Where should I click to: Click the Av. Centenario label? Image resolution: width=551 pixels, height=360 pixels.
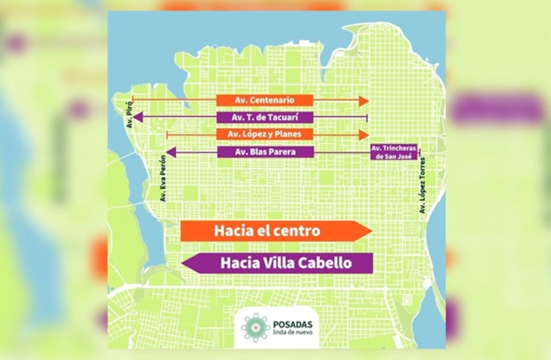[x=264, y=101]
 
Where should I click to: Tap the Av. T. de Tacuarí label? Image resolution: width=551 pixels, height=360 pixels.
[x=264, y=118]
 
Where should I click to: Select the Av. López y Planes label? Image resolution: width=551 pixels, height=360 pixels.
[x=264, y=134]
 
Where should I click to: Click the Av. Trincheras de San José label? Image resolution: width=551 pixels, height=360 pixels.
[x=394, y=152]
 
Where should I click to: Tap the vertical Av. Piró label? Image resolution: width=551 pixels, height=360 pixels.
[x=130, y=119]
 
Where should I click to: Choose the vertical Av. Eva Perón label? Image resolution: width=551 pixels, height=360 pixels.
[x=163, y=178]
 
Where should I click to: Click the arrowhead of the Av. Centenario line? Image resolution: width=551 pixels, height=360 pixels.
[x=364, y=101]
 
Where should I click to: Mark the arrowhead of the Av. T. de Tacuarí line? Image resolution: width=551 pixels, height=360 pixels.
[x=137, y=117]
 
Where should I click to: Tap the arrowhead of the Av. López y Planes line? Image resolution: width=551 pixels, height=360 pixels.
[x=364, y=135]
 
